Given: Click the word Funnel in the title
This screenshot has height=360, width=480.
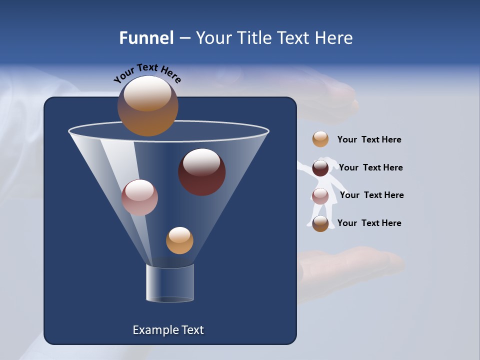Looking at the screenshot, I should [x=146, y=38].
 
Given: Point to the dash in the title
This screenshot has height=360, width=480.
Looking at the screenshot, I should [x=184, y=38].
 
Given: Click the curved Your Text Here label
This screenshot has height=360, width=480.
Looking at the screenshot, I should [x=147, y=72].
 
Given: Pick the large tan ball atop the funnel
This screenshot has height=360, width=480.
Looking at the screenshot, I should [x=147, y=105].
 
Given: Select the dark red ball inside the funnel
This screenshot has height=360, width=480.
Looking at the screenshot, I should [x=202, y=172].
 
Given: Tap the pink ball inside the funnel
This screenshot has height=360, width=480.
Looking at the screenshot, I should [x=139, y=197].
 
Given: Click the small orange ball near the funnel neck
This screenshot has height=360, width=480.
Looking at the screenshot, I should [x=179, y=240].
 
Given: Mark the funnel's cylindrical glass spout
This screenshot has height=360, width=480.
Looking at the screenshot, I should [x=170, y=283].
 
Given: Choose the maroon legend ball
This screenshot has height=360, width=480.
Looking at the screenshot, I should [x=320, y=168].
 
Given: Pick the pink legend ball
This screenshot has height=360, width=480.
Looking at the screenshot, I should [x=320, y=196].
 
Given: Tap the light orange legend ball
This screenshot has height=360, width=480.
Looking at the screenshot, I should [x=320, y=139].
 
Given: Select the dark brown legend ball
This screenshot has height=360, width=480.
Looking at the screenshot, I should [x=320, y=223].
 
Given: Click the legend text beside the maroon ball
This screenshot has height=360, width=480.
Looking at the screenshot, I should [x=371, y=167].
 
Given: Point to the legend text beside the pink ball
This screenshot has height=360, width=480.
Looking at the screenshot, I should [x=371, y=195].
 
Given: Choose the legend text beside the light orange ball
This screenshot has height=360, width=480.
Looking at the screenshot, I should [x=369, y=139].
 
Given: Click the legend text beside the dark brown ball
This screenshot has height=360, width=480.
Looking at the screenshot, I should [x=369, y=223].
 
